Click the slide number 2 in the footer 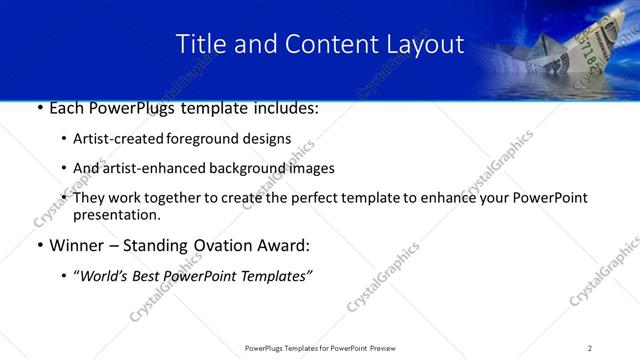coord(590,348)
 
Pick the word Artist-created coord(113,139)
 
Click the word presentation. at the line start coord(116,215)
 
